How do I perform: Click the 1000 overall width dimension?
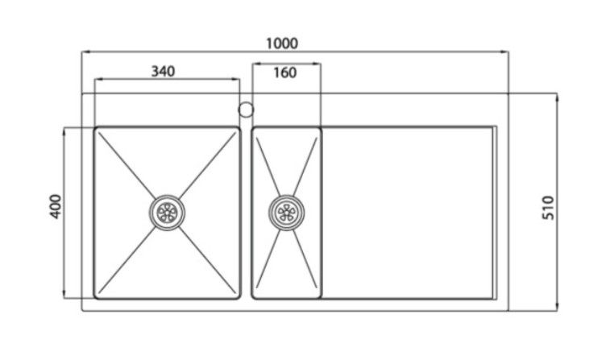click(282, 43)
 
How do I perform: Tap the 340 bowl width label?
click(163, 72)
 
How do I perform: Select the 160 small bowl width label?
click(284, 72)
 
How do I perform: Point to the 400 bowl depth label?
click(56, 206)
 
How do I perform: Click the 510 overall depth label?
click(549, 208)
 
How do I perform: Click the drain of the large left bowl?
click(167, 213)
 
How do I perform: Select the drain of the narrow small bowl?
click(286, 213)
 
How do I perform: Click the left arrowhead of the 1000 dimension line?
click(86, 52)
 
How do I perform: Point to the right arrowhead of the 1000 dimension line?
click(504, 52)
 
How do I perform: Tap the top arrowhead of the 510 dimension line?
click(557, 97)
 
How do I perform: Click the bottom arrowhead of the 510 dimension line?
click(557, 307)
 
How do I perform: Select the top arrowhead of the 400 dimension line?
click(64, 132)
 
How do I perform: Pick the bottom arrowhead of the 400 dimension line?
click(64, 294)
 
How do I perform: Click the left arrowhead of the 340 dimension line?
click(99, 80)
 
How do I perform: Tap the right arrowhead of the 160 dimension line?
click(316, 64)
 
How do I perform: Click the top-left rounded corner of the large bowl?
click(96, 129)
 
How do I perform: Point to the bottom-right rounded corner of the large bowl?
click(239, 297)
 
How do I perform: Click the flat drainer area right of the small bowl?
click(407, 213)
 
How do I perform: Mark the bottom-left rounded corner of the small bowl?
click(254, 297)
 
